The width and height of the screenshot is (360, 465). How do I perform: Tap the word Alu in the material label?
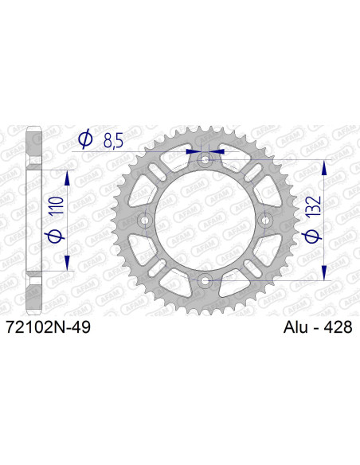point(297,327)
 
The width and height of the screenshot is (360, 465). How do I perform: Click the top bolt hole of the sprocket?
point(206,160)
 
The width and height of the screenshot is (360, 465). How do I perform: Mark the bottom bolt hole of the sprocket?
point(206,279)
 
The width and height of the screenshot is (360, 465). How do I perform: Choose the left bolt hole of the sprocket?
point(146,220)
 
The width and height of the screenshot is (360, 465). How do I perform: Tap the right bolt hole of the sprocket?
point(266,220)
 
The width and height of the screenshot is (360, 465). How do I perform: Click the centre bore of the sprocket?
point(206,220)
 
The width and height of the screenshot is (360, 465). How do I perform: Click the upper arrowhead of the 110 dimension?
point(68,175)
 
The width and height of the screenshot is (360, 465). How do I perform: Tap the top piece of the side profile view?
point(34,147)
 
